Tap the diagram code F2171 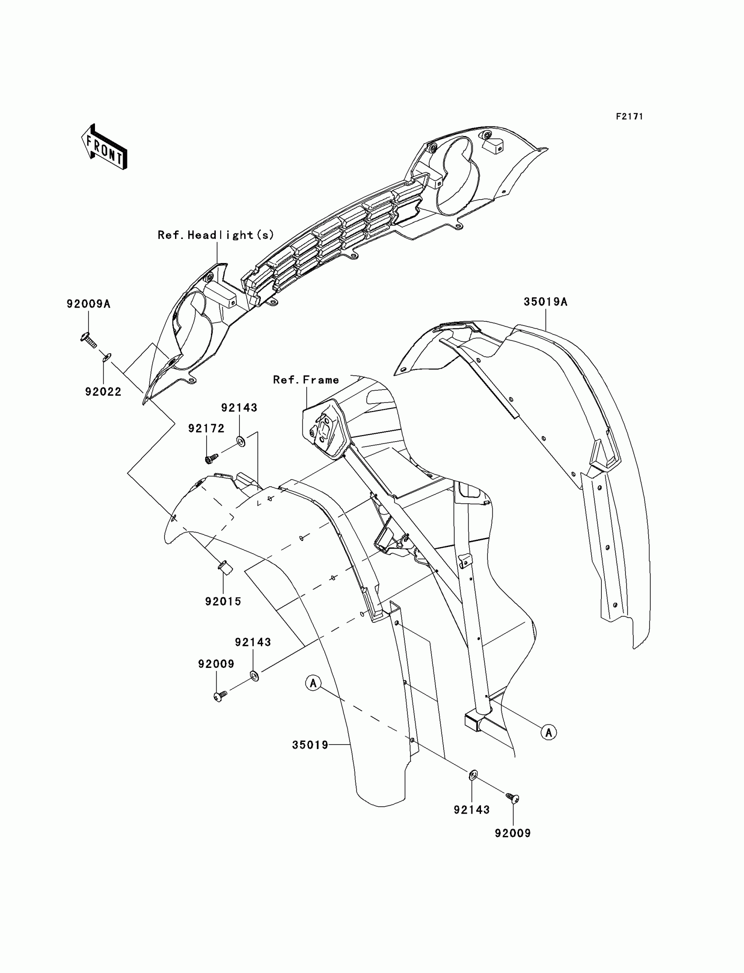(x=629, y=116)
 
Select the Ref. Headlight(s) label (x=216, y=235)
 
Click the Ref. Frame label (x=305, y=380)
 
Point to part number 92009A (x=88, y=304)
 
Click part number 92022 (x=103, y=391)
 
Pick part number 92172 (x=206, y=428)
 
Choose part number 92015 (x=223, y=601)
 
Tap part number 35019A (x=545, y=302)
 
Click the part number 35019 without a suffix (x=310, y=745)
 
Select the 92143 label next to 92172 (x=239, y=407)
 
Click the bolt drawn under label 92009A (x=88, y=340)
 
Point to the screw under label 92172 (x=211, y=458)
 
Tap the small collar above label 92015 (x=226, y=567)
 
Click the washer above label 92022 (x=107, y=357)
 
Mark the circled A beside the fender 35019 (x=313, y=683)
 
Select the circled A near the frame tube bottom (x=549, y=732)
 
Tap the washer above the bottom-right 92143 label (x=473, y=774)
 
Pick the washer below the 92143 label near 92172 (x=241, y=441)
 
